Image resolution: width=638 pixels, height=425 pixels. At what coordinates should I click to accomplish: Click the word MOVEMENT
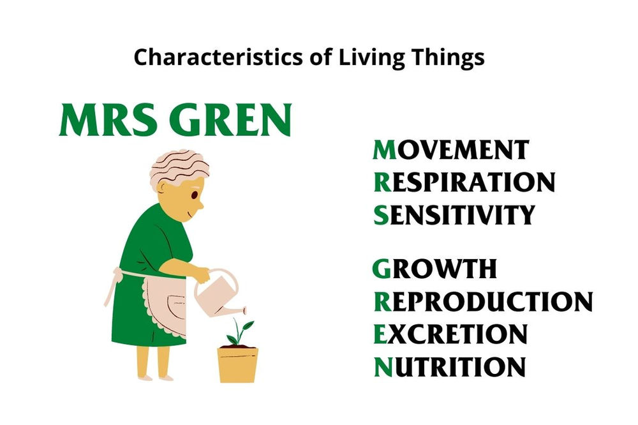pos(450,150)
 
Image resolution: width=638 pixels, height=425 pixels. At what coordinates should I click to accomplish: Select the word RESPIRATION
pos(464,183)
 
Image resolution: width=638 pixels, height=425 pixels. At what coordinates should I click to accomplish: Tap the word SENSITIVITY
pos(454,215)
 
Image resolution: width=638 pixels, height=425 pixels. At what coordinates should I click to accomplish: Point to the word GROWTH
pos(434,269)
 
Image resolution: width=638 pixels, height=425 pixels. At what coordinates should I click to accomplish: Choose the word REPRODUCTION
pos(482,301)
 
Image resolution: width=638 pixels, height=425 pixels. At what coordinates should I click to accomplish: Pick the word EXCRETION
pos(450,334)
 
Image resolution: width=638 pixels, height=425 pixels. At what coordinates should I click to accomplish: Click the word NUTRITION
pos(449,367)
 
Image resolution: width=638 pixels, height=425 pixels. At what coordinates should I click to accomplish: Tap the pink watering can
pos(218,297)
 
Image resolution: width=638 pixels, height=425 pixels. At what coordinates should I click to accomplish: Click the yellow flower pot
pos(237,364)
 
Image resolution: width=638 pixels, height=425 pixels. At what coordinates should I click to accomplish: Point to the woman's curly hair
pos(179,167)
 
